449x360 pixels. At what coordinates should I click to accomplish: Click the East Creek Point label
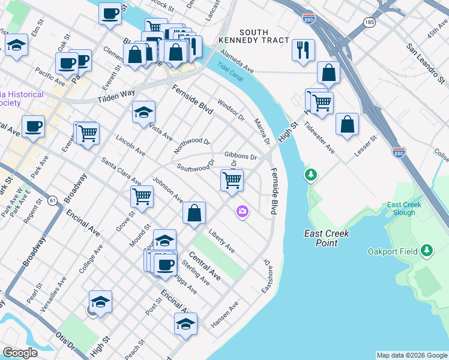[327, 238]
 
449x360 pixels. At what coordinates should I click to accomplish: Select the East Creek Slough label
[404, 208]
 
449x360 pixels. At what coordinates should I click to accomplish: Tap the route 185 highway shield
[369, 22]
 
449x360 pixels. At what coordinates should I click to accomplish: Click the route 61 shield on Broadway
[53, 200]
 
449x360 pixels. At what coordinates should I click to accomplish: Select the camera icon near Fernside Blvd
[243, 211]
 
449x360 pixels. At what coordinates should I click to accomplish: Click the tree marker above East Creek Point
[310, 175]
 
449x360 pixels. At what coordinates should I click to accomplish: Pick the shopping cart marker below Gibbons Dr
[232, 180]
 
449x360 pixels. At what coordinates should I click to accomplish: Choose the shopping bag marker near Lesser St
[347, 125]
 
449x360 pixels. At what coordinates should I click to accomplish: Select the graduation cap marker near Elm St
[16, 45]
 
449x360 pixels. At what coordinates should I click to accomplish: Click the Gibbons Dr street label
[241, 157]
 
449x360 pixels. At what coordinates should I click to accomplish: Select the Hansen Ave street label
[225, 315]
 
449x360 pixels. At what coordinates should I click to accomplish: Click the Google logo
[20, 353]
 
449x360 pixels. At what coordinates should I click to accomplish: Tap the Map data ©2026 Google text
[412, 355]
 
